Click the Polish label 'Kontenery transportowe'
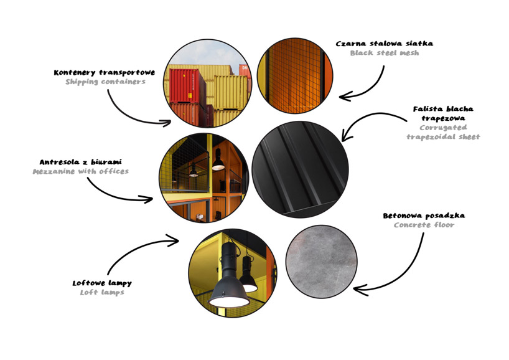coord(104,72)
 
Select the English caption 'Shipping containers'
coord(105,82)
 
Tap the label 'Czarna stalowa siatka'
coord(385,44)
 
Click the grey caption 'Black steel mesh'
coord(385,53)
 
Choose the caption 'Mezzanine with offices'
coord(80,171)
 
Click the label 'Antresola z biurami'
coord(80,162)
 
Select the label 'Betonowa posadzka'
coord(424,216)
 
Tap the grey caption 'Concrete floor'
coord(424,225)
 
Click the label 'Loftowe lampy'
coord(102,283)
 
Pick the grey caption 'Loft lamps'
coord(102,292)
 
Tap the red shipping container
coord(187,87)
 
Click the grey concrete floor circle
coord(321,262)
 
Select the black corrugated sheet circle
coord(301,169)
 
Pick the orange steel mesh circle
coord(295,76)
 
